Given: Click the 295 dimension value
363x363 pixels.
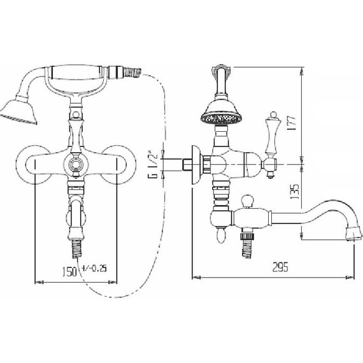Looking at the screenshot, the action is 280,267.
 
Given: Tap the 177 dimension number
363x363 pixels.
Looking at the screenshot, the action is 292,123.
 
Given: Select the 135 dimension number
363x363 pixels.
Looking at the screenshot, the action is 295,192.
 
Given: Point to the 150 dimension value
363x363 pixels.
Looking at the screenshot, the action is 69,271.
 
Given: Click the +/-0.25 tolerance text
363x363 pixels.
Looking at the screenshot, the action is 94,268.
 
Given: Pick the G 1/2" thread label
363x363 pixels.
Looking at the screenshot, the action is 152,164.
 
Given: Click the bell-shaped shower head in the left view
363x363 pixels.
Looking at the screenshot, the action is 20,111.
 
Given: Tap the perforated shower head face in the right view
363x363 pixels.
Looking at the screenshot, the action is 222,119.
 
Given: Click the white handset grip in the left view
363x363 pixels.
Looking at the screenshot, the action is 76,73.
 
